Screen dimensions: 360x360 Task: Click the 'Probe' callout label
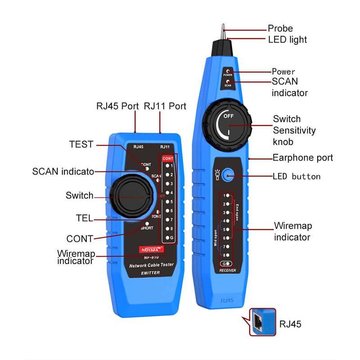click(x=280, y=28)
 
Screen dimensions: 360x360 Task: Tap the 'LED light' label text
click(x=287, y=40)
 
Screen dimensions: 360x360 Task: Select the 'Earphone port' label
click(x=302, y=157)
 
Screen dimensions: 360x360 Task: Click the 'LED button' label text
click(x=296, y=176)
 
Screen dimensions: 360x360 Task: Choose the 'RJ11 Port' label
click(x=165, y=107)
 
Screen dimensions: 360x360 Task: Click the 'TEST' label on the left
click(x=81, y=144)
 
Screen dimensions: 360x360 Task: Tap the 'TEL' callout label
click(x=84, y=218)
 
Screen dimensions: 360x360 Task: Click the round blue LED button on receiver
click(x=229, y=175)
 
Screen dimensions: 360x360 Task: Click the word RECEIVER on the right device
click(x=227, y=270)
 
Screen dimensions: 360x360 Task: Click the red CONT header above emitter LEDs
click(x=167, y=158)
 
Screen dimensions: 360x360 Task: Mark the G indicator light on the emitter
click(x=167, y=237)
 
